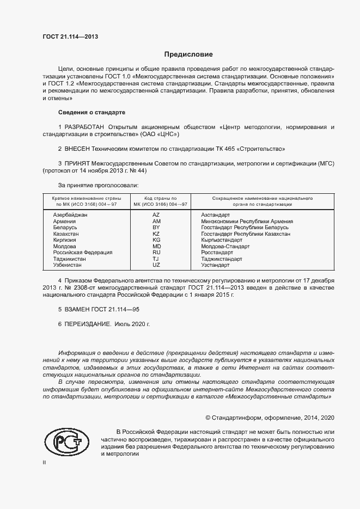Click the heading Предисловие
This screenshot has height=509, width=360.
[188, 54]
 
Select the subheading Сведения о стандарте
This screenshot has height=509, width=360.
[91, 112]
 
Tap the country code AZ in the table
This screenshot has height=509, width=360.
[156, 216]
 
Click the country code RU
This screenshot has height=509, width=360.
[156, 253]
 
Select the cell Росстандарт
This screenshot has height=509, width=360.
[218, 253]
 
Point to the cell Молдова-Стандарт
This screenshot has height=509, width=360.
[225, 247]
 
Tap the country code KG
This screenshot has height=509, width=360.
[156, 240]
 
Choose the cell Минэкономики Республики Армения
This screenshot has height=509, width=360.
[247, 222]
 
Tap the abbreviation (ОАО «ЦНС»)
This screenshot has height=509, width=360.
[160, 134]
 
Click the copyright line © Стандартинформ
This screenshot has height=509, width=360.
[269, 418]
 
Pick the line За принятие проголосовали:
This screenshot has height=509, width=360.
[94, 186]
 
